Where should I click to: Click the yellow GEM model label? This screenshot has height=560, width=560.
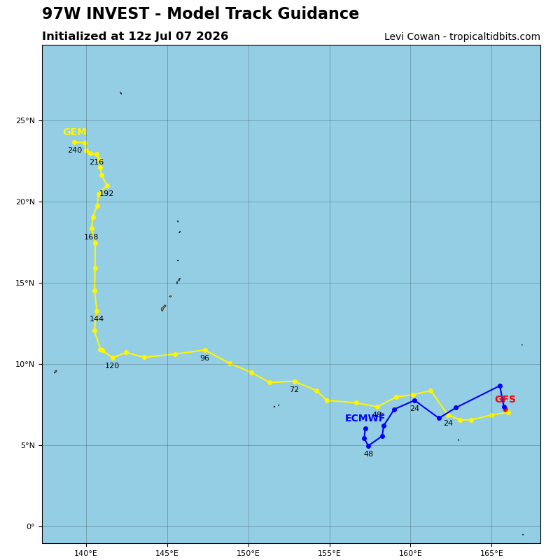click(x=75, y=132)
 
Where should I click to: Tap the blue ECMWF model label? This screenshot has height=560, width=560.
click(x=365, y=418)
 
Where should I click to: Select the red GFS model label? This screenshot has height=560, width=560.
click(x=505, y=399)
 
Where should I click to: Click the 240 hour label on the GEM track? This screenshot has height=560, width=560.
click(x=75, y=150)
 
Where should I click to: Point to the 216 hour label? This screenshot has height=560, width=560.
click(x=97, y=162)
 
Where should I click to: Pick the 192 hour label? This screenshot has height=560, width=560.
click(x=106, y=194)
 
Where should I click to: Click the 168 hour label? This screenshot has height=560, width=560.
click(x=91, y=237)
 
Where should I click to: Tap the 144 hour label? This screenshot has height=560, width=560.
click(x=97, y=319)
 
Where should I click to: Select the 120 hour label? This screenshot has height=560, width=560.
click(x=112, y=365)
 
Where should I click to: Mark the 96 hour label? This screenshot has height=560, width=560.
click(x=204, y=358)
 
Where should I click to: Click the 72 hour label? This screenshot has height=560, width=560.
click(x=294, y=390)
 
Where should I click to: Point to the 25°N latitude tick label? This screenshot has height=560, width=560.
click(x=25, y=120)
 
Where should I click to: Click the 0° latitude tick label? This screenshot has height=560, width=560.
click(x=31, y=527)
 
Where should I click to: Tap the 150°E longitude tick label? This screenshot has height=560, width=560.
click(x=248, y=554)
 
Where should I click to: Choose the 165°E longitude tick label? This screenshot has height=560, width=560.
click(x=492, y=554)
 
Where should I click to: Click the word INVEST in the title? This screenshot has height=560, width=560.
click(x=116, y=13)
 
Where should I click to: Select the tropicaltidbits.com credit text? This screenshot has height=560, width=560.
click(x=495, y=37)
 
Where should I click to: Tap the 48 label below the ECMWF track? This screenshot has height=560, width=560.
click(x=368, y=454)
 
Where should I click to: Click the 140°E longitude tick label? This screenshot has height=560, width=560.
click(x=86, y=554)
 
